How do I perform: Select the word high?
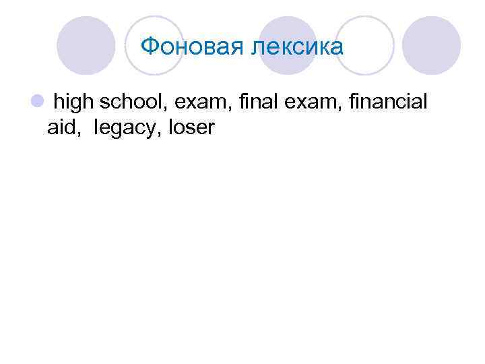pyautogui.click(x=74, y=102)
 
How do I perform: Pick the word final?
pyautogui.click(x=255, y=102)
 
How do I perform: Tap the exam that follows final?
pyautogui.click(x=306, y=102)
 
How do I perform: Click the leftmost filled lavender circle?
pyautogui.click(x=86, y=46)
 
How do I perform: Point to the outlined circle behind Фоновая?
pyautogui.click(x=156, y=46)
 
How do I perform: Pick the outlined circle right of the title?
pyautogui.click(x=364, y=46)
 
